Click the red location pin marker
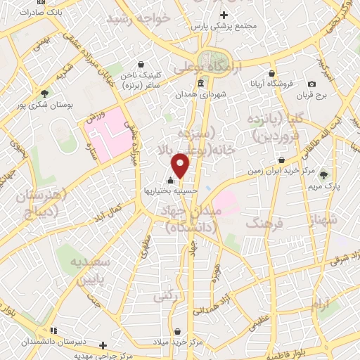click(181, 166)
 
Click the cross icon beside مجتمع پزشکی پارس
click(224, 15)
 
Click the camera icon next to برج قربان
click(312, 84)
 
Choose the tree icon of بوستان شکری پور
click(45, 93)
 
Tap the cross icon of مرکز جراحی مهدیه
click(103, 345)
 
